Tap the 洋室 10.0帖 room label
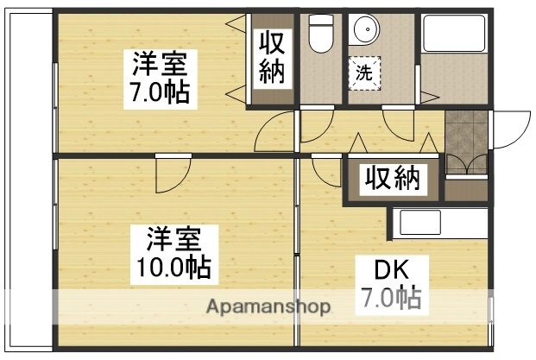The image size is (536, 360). tap(170, 251)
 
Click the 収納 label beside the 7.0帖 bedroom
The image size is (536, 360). tap(272, 59)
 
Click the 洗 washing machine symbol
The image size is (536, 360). tap(366, 73)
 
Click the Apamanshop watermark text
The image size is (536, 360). tap(268, 307)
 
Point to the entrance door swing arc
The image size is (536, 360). tap(510, 129)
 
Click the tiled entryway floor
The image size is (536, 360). tap(466, 133)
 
